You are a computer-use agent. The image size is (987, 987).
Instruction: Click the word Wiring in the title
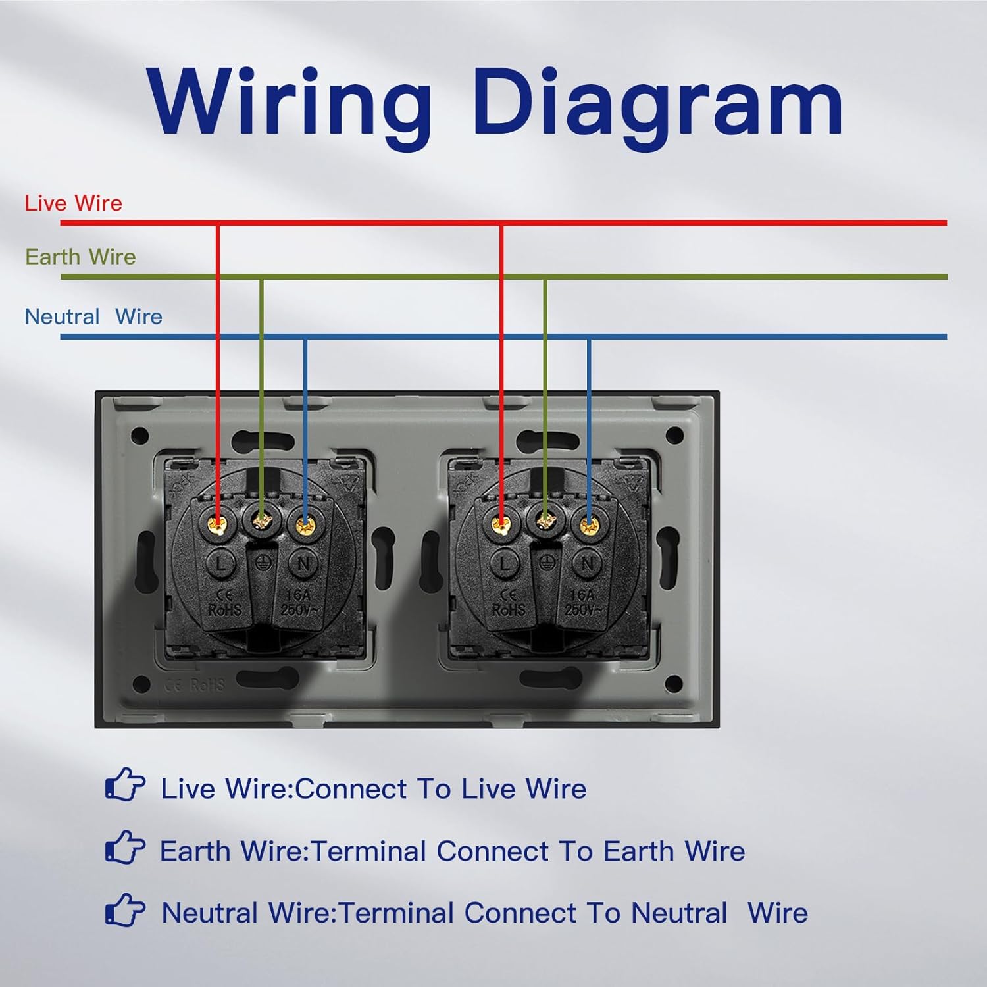click(290, 102)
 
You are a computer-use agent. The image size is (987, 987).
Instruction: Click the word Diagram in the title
click(658, 102)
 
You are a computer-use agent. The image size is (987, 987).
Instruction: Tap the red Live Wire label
click(73, 203)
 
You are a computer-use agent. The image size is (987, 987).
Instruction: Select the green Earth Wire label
click(80, 257)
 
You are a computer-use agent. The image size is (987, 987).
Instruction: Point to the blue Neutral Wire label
click(93, 316)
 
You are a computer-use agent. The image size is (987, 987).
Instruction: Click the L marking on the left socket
click(221, 564)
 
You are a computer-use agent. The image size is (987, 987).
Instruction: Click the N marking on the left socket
click(303, 564)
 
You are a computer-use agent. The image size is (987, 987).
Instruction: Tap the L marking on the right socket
click(505, 564)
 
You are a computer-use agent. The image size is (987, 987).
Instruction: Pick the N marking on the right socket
click(587, 564)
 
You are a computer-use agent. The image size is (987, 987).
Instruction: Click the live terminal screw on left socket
click(217, 524)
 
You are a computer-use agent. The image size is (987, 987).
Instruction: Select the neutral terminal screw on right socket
click(588, 524)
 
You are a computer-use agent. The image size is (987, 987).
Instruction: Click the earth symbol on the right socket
click(545, 561)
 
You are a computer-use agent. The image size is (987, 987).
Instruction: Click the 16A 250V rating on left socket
click(299, 603)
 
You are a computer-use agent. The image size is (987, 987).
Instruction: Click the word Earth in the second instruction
click(195, 851)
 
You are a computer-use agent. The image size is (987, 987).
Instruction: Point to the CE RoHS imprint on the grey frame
click(195, 685)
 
